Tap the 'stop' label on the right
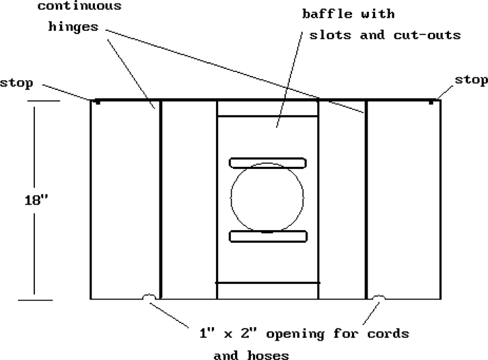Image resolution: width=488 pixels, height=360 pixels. (x=471, y=80)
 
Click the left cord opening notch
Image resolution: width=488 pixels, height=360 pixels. (x=148, y=298)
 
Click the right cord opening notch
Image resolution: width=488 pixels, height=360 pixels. (x=379, y=298)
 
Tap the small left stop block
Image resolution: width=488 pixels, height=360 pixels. (x=97, y=103)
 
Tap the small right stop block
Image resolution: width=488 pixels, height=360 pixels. (x=432, y=103)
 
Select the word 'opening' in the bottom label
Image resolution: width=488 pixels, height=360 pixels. (x=298, y=334)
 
